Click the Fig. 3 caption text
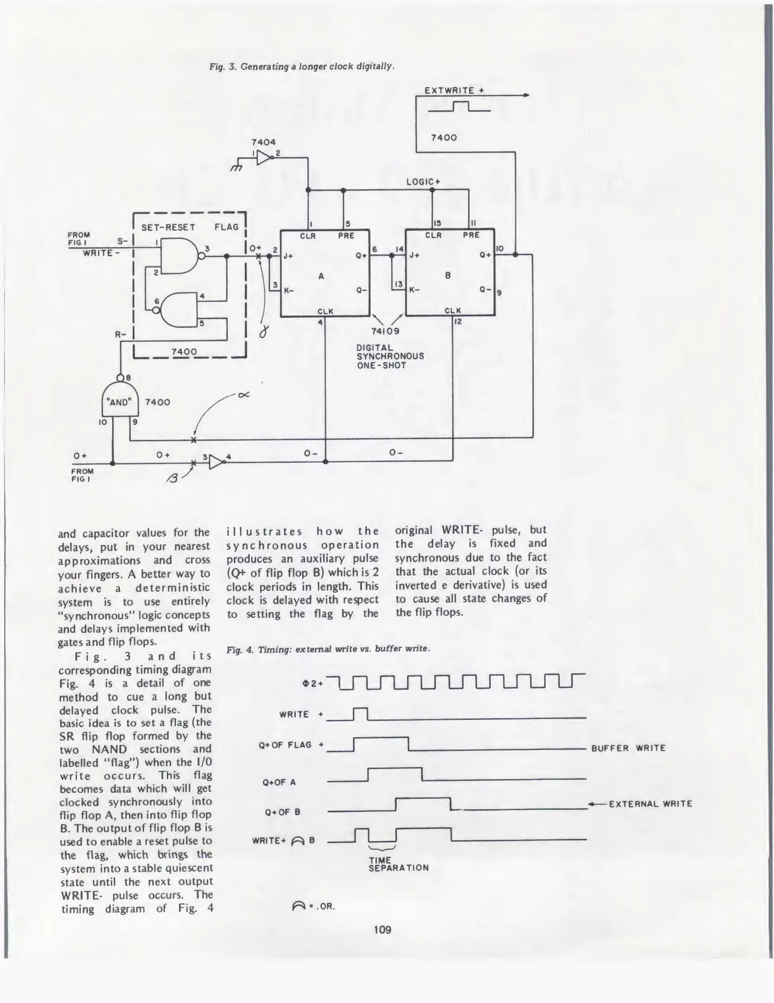tap(302, 66)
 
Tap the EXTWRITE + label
tap(454, 91)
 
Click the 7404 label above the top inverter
tap(263, 142)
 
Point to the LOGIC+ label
tap(423, 182)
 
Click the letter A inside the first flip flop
tap(321, 276)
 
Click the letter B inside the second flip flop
tap(448, 275)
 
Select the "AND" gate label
tap(119, 402)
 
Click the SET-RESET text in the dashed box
tap(168, 227)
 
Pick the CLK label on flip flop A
tap(325, 311)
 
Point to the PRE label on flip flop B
tap(471, 235)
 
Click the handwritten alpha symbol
tap(243, 395)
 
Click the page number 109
tap(382, 929)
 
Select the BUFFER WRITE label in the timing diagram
tap(628, 748)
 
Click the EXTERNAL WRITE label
tap(650, 804)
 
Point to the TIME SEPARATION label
tap(398, 864)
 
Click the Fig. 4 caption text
tap(328, 649)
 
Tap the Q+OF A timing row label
tap(279, 782)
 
